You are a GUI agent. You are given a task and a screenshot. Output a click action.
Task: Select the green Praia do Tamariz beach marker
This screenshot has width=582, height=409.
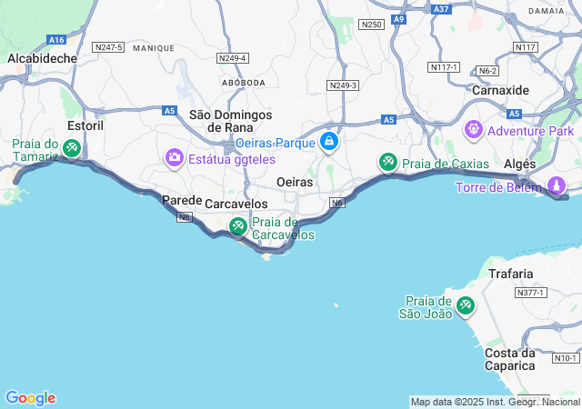(71, 146)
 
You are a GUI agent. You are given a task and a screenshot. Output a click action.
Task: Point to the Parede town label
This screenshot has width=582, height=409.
(181, 200)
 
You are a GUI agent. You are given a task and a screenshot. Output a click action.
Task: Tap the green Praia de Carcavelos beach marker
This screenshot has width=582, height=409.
(237, 225)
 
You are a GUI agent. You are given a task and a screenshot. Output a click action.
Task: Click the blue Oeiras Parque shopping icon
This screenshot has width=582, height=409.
(329, 142)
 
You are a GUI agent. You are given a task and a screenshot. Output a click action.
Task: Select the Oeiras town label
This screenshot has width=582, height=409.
(294, 182)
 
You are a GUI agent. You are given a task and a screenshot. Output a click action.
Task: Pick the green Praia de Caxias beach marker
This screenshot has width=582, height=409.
(388, 163)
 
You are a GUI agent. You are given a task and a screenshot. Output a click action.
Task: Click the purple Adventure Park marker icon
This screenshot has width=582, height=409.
(473, 130)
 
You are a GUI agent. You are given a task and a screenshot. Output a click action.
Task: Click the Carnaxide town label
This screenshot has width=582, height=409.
(500, 90)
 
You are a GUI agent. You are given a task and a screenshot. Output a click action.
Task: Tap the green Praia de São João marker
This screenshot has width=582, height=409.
(466, 305)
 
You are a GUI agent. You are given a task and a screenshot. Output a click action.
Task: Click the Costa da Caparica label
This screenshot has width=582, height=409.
(509, 359)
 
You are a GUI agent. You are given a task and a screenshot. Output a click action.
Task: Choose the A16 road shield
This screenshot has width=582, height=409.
(56, 40)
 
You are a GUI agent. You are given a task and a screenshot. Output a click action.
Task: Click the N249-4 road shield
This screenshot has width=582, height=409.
(233, 58)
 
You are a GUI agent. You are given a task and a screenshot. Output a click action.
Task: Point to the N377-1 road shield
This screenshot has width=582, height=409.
(529, 293)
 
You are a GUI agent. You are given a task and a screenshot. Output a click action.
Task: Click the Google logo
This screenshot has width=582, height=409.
(30, 398)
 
